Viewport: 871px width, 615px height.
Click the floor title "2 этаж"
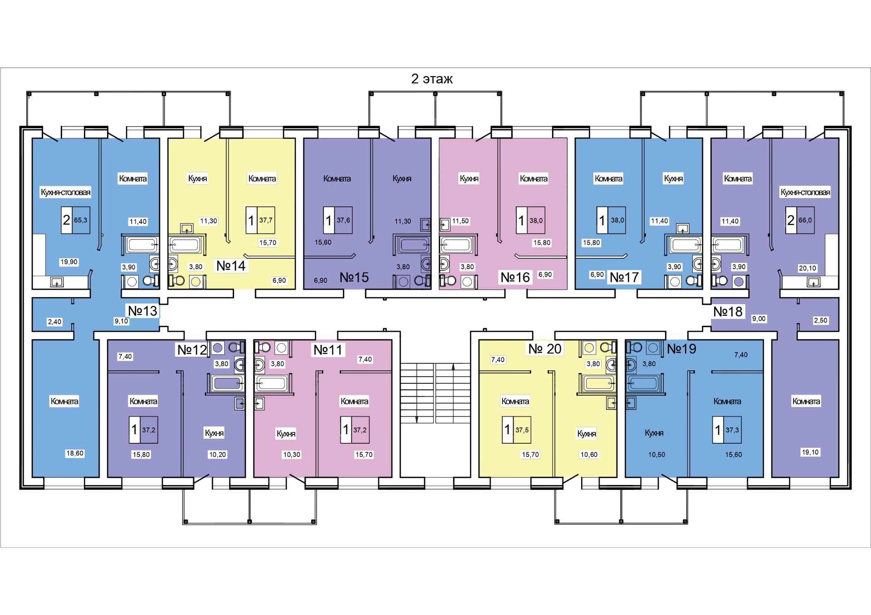[431, 79]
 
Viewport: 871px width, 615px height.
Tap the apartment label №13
[142, 311]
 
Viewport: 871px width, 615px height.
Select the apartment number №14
[231, 266]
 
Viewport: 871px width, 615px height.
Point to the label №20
[545, 349]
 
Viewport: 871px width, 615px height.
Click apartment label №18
[728, 312]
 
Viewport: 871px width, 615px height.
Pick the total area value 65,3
[81, 220]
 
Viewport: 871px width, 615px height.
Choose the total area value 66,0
[805, 220]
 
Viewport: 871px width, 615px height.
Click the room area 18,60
[75, 453]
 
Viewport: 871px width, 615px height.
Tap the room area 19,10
[810, 452]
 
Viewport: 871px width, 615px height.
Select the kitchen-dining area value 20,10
[807, 268]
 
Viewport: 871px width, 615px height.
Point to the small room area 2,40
[54, 322]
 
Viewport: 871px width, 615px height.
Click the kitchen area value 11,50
[460, 221]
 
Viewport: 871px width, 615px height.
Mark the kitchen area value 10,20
[217, 455]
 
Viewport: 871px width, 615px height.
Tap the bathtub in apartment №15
[412, 245]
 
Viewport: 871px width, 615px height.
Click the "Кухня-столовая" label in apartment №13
[66, 192]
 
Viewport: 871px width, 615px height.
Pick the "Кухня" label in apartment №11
[286, 434]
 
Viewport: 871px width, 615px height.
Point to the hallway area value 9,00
[759, 319]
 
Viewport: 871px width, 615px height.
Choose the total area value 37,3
[732, 430]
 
